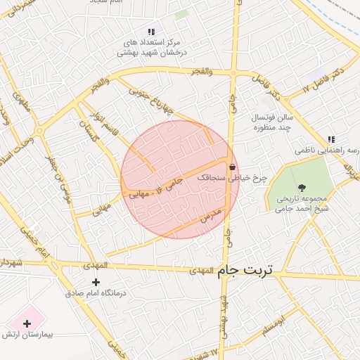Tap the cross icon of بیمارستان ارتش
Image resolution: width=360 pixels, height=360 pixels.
(27, 324)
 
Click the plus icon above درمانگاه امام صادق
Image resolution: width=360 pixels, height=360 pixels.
(96, 282)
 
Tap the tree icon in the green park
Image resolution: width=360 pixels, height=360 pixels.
(302, 187)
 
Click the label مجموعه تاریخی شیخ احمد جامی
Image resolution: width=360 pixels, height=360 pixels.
(302, 203)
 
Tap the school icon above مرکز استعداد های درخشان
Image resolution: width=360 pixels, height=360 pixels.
(150, 31)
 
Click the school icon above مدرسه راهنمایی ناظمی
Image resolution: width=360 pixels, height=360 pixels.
(330, 140)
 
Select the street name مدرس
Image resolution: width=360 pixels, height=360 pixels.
(211, 214)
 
